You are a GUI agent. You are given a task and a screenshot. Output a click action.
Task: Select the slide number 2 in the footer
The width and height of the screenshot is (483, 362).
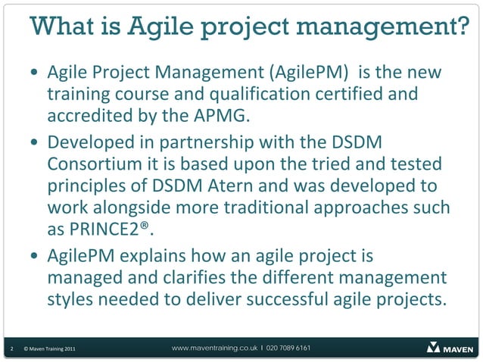[x=11, y=349]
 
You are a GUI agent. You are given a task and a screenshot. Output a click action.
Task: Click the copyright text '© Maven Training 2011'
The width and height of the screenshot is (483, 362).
[x=48, y=349]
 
